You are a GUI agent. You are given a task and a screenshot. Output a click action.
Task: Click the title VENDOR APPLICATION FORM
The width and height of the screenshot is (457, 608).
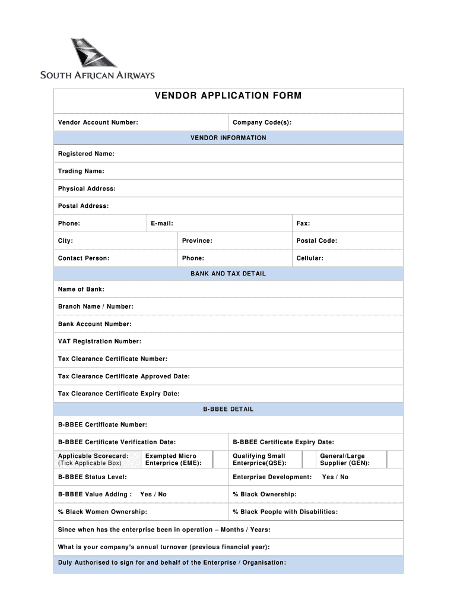(x=228, y=96)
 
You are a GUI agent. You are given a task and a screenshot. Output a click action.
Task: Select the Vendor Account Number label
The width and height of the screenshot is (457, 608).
(x=98, y=122)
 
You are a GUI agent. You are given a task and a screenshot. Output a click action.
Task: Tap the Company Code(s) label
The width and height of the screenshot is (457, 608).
(x=262, y=122)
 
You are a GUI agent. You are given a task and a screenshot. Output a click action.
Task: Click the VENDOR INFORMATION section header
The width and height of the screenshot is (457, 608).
(x=228, y=138)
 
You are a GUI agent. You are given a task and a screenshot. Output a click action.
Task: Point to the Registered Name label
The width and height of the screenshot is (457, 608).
(x=86, y=154)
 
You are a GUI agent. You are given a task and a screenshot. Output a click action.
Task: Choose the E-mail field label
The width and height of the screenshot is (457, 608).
(x=162, y=223)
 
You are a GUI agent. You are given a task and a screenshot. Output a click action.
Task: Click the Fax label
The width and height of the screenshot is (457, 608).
(x=303, y=223)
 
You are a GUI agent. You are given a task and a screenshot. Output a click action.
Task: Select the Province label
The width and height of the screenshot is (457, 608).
(x=197, y=240)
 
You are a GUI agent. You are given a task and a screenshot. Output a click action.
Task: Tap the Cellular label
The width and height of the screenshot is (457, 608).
(x=310, y=258)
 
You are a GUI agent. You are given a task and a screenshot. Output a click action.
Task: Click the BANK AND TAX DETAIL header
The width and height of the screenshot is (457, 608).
(x=228, y=274)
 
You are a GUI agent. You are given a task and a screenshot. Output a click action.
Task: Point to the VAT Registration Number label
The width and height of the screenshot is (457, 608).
(x=100, y=341)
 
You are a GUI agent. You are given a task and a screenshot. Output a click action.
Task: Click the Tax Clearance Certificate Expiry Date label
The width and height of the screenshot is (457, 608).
(x=119, y=394)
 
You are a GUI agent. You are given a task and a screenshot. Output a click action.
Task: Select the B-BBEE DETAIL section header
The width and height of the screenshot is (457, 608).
(x=228, y=409)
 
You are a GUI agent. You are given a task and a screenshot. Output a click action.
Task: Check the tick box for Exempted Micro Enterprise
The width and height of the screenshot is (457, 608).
(x=221, y=460)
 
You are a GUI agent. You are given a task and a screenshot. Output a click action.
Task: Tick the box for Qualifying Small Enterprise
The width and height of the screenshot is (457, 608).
(x=309, y=460)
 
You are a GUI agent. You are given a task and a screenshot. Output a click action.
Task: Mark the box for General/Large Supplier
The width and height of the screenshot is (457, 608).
(x=394, y=460)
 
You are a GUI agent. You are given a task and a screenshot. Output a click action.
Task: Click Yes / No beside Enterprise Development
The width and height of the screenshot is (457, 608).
(x=335, y=477)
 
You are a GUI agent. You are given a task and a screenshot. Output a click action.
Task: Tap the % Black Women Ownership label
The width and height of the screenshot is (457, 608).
(x=102, y=512)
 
